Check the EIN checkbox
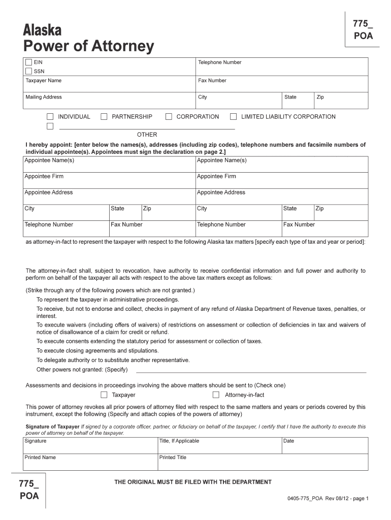coord(29,62)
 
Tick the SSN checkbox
coord(29,71)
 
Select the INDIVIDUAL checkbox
coord(50,117)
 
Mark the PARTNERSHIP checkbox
coord(104,117)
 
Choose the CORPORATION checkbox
coord(169,117)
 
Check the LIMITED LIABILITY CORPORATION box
coord(234,117)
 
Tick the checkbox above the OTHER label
coord(50,126)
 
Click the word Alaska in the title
coord(43,30)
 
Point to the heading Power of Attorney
coord(89,47)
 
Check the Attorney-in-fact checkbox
coord(216,395)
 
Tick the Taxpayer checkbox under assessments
coord(104,395)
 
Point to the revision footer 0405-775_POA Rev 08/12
coord(328,499)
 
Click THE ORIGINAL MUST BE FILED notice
coord(193,482)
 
